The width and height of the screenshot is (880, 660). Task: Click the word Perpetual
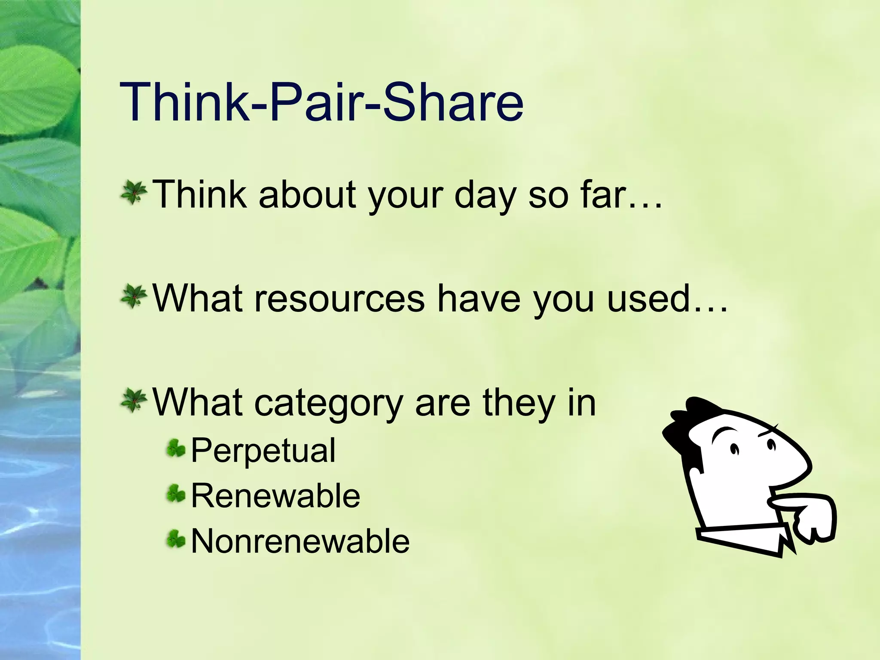[263, 450]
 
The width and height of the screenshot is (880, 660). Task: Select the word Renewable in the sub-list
[275, 495]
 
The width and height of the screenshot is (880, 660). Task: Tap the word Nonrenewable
[300, 541]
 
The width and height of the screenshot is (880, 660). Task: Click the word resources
[339, 299]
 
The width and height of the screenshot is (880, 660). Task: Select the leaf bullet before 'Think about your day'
[134, 193]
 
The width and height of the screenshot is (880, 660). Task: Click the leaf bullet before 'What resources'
[134, 297]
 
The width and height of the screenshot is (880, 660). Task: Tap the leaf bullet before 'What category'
[134, 401]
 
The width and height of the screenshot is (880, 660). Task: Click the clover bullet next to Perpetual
[176, 448]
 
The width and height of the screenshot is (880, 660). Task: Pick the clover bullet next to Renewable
[176, 494]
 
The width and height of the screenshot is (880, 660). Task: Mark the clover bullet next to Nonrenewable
[176, 539]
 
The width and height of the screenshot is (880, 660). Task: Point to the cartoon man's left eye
[734, 449]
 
